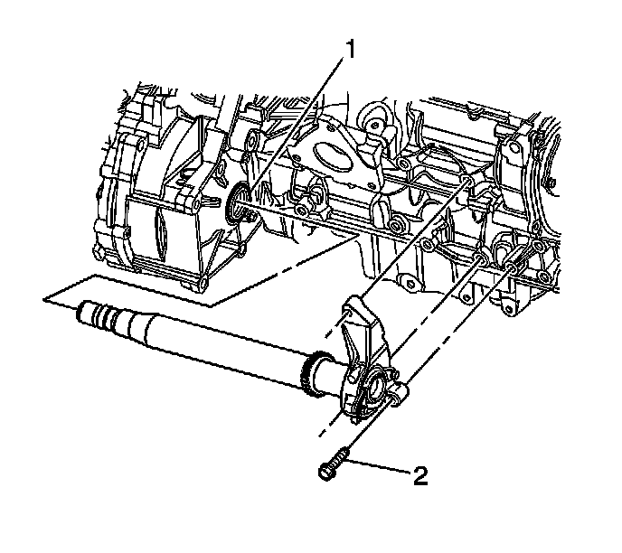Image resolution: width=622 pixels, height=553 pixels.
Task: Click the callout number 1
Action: [x=349, y=51]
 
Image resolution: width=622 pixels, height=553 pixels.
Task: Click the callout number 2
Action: [x=420, y=475]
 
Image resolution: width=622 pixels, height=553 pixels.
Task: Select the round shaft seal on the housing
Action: [x=237, y=202]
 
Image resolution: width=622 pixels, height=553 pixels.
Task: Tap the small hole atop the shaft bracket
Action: [x=347, y=314]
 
